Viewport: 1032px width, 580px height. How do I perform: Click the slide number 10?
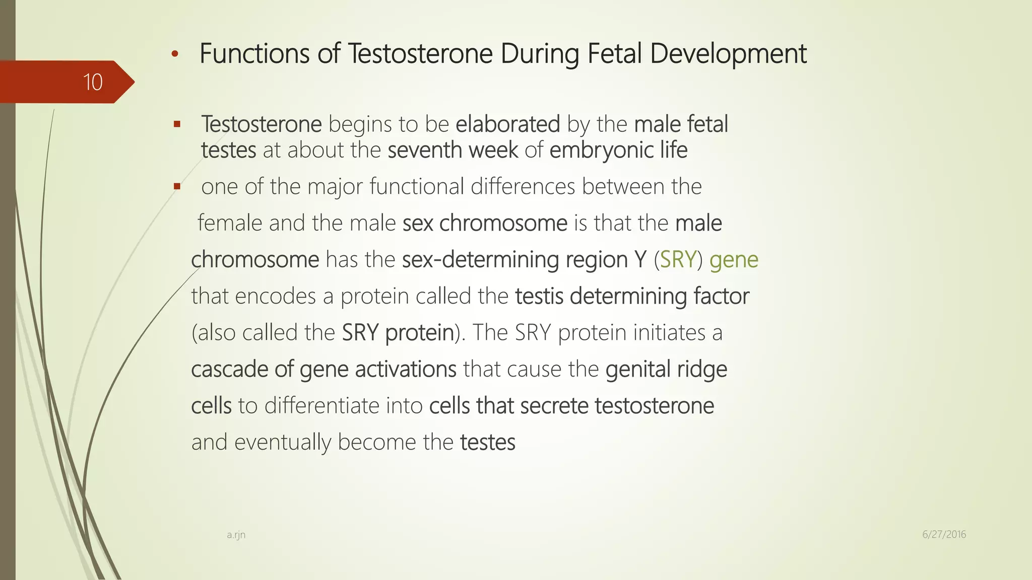click(93, 82)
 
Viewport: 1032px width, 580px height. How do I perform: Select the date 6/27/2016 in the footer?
click(944, 534)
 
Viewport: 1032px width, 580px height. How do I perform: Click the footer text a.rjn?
click(236, 535)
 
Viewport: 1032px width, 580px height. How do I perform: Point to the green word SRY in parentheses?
click(678, 260)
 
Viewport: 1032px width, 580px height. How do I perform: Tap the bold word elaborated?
click(507, 124)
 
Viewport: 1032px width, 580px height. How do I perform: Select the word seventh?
click(425, 150)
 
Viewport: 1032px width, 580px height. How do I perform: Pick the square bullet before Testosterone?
click(176, 124)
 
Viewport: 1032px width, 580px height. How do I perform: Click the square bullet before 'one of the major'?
click(176, 186)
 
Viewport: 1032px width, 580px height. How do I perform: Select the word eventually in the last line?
click(282, 443)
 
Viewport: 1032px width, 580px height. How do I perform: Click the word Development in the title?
click(728, 54)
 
